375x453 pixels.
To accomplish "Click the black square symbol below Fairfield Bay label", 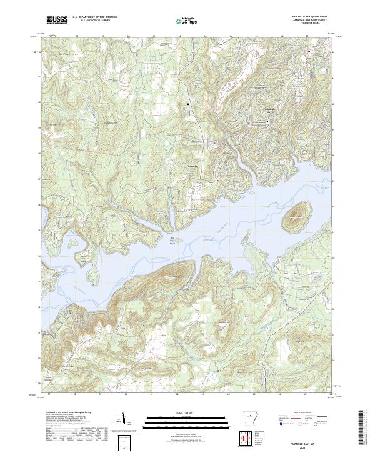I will pos(268,122).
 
